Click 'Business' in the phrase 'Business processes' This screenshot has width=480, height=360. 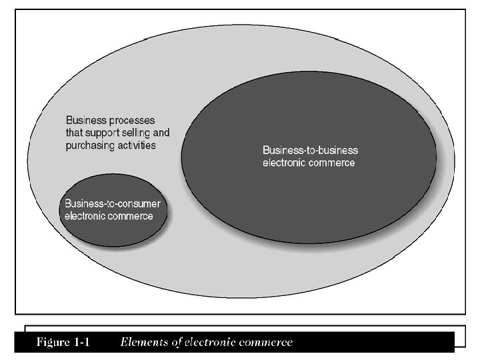pos(84,121)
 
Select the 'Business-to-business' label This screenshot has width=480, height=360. pos(310,150)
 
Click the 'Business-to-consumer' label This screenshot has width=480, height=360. pos(112,203)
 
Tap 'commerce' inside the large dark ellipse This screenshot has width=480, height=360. pos(332,162)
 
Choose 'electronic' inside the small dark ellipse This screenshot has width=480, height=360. pos(87,215)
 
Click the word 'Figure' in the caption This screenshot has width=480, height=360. pos(51,343)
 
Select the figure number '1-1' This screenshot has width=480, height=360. pos(82,343)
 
